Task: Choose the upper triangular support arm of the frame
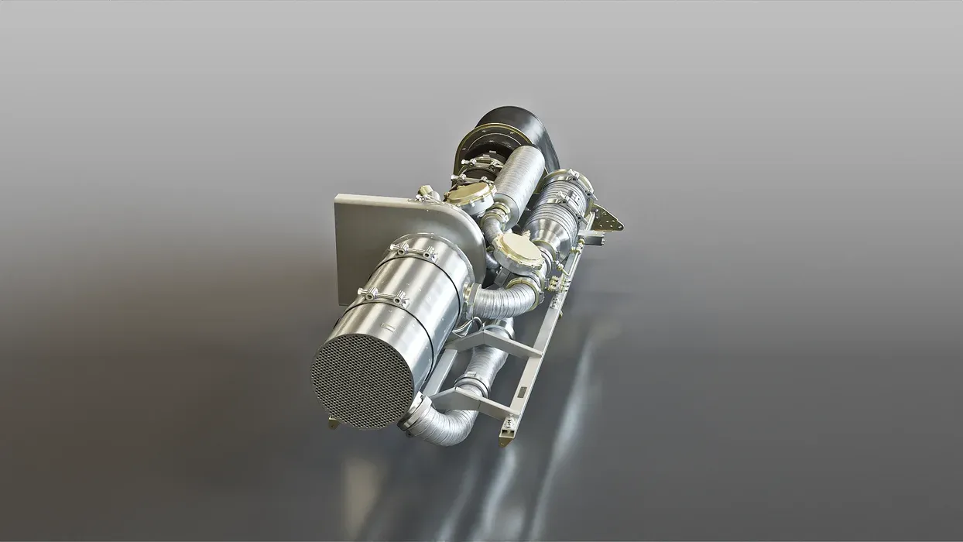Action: pos(495,341)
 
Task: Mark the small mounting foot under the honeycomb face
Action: pos(334,422)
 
